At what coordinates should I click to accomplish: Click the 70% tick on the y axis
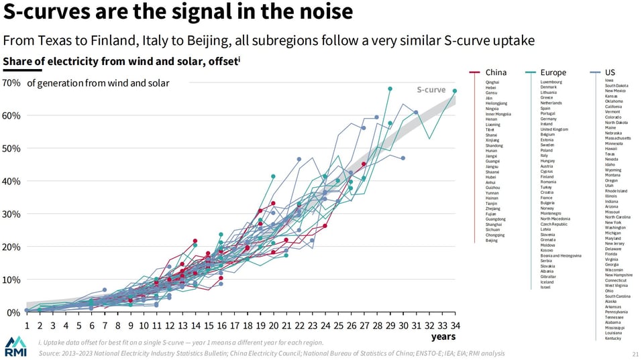tap(11, 83)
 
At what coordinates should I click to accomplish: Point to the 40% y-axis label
tap(11, 182)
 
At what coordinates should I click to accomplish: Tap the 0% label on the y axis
tap(13, 313)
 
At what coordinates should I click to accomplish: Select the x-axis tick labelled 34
tap(454, 326)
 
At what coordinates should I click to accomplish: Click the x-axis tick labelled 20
tap(273, 326)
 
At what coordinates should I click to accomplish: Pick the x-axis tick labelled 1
tap(27, 326)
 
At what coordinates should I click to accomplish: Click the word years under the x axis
tap(443, 337)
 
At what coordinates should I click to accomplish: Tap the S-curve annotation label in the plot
tap(431, 89)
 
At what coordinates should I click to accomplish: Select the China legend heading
tap(496, 72)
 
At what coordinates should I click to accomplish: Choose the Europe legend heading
tap(553, 72)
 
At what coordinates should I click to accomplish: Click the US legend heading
tap(610, 72)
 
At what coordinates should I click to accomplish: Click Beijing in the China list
tap(491, 240)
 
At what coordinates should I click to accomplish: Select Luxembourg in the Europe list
tap(551, 82)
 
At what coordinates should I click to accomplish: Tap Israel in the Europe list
tap(545, 287)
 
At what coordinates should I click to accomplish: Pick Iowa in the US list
tap(609, 80)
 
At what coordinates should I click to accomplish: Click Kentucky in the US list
tap(612, 338)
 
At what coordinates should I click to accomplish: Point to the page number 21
tap(635, 353)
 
